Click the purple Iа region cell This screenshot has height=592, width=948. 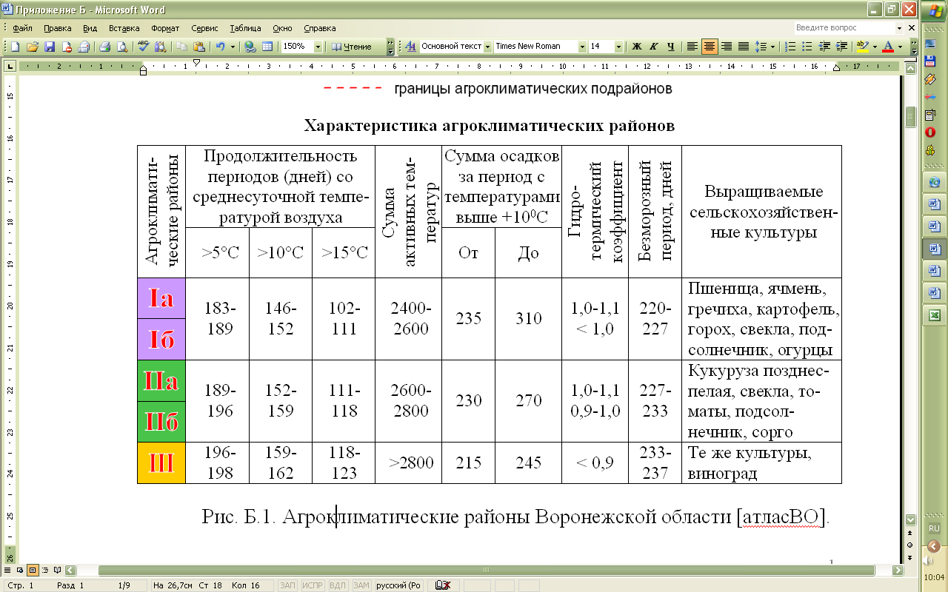pos(161,298)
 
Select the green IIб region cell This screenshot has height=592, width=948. pos(161,422)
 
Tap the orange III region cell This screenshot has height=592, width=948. pos(161,463)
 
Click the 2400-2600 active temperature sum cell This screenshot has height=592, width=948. pos(408,319)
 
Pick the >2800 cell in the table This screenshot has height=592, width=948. pos(408,462)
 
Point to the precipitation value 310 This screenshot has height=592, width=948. pos(528,319)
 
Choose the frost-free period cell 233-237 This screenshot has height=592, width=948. pos(655,462)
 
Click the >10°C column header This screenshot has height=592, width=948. pos(281,252)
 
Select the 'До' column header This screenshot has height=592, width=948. pos(528,252)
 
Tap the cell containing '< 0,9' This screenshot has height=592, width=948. pos(595,462)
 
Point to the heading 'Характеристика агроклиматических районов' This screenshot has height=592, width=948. pos(490,125)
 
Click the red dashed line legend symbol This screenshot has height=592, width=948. pos(352,90)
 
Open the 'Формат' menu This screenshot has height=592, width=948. pos(165,28)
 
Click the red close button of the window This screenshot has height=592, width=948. pos(909,10)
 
